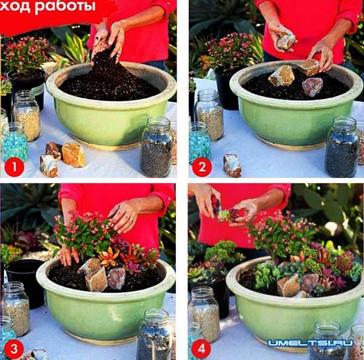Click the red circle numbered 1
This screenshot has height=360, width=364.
14,167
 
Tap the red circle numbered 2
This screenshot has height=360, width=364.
202,167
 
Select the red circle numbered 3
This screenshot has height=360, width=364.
14,349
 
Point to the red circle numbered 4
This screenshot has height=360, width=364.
201,349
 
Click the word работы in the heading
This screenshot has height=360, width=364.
65,6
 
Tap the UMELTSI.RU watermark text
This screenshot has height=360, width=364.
311,343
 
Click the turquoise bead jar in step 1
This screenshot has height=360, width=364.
15,142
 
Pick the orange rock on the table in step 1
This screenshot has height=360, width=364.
73,155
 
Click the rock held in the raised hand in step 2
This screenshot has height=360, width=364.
286,40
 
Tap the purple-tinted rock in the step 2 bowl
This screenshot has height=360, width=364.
312,87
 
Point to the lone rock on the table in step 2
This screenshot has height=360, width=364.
232,165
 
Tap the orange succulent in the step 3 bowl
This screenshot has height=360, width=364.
108,257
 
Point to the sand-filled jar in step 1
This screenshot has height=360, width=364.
26,115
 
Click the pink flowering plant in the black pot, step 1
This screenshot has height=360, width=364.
25,55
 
